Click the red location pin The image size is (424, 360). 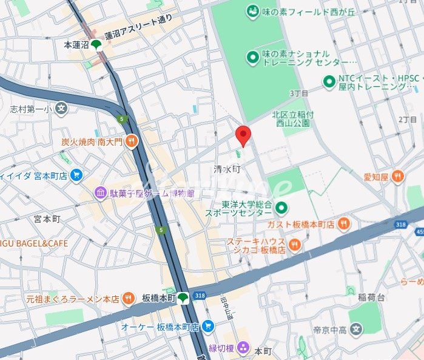click(243, 135)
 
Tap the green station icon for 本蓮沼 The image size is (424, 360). click(96, 44)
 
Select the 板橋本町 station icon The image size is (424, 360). click(183, 297)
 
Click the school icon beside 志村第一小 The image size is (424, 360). click(61, 109)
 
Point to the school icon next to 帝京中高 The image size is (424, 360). click(356, 330)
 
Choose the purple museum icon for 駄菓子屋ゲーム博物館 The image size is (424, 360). click(99, 193)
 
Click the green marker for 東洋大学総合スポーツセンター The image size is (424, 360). click(281, 209)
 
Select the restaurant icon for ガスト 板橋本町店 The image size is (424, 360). click(343, 224)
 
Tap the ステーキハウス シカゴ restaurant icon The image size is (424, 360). click(294, 245)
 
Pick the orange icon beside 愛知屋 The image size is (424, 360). click(397, 177)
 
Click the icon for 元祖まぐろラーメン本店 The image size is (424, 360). click(128, 299)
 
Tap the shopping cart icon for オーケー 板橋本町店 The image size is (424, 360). click(208, 327)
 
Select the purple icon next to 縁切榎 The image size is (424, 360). click(243, 348)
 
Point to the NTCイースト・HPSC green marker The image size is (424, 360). click(329, 81)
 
